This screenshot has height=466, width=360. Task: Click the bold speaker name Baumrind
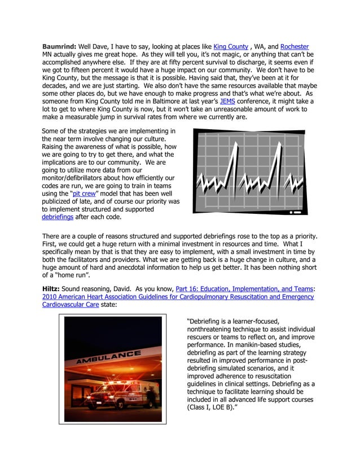pyautogui.click(x=62, y=46)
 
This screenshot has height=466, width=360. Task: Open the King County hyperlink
pyautogui.click(x=231, y=46)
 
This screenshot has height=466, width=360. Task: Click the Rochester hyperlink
pyautogui.click(x=294, y=46)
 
